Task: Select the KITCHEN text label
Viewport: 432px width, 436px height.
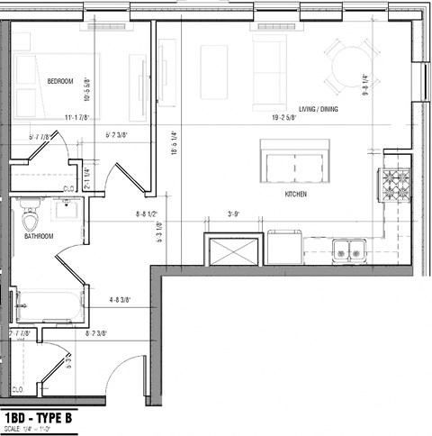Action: point(296,194)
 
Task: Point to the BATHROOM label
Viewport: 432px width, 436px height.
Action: point(39,237)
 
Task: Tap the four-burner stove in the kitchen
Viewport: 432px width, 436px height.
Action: point(395,186)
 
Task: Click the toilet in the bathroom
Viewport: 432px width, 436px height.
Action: point(31,217)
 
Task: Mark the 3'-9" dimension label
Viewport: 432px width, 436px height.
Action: point(236,214)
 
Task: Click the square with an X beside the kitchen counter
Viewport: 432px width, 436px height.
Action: point(231,248)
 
